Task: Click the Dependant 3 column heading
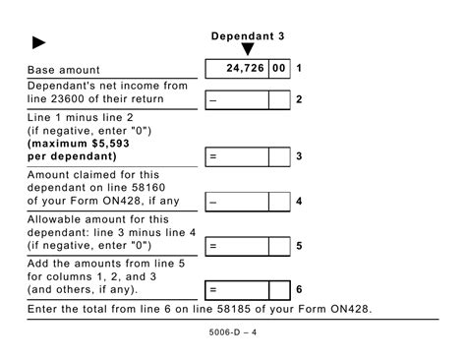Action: tap(247, 36)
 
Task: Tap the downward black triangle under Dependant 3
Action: tap(248, 50)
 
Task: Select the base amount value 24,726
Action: tap(245, 69)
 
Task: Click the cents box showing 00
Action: tap(280, 69)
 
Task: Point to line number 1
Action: tap(299, 69)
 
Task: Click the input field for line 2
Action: tap(236, 99)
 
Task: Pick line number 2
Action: tap(299, 99)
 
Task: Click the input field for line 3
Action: tap(236, 156)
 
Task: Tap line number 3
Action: tap(299, 156)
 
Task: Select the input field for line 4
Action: tap(236, 202)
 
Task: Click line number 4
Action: tap(299, 202)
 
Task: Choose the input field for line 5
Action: tap(236, 246)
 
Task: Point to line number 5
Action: tap(299, 246)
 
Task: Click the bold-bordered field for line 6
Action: tap(236, 290)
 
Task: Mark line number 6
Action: tap(299, 290)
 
